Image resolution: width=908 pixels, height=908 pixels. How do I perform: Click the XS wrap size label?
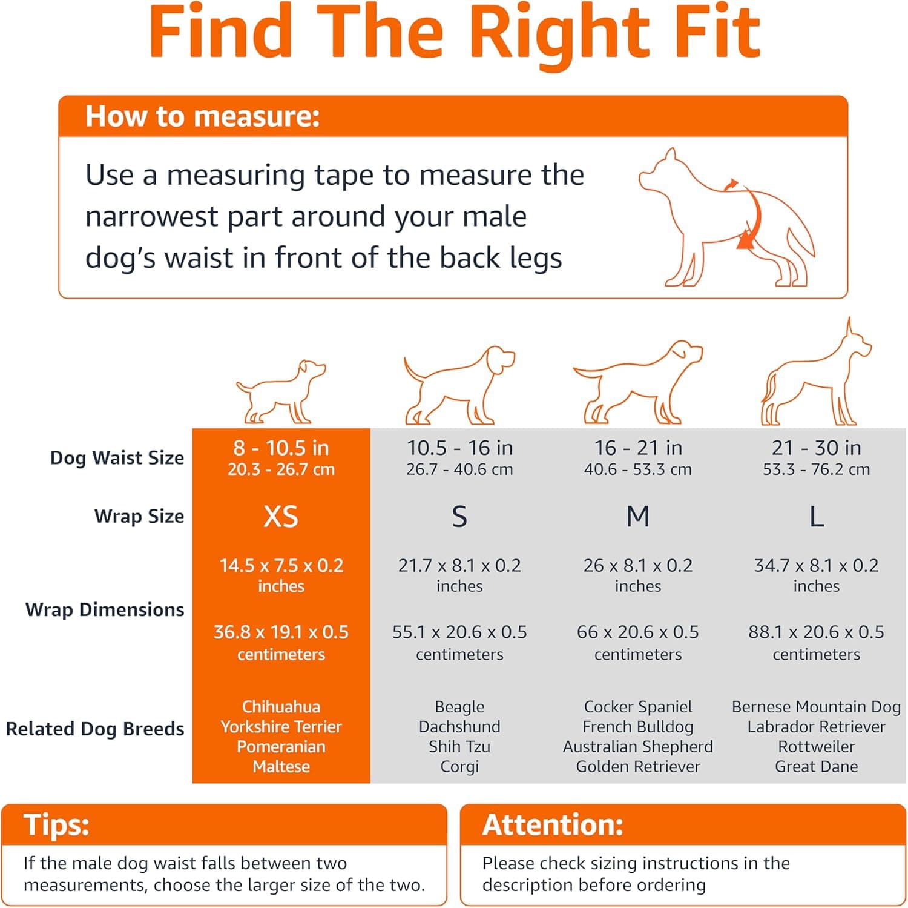(281, 517)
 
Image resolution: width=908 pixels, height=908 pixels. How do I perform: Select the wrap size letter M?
(637, 517)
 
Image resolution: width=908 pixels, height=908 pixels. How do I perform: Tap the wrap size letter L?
(816, 517)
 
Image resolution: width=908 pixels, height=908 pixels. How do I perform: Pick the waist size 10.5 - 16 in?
(459, 448)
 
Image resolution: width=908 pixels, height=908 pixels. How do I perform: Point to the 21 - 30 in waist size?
(816, 448)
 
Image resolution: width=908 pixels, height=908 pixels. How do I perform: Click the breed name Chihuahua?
(281, 707)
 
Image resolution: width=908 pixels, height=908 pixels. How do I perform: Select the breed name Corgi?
(459, 767)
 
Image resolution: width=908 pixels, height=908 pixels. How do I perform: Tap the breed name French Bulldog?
(637, 727)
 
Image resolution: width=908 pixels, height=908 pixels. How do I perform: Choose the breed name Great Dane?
(816, 767)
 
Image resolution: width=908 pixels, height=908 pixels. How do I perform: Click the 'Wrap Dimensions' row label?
(105, 609)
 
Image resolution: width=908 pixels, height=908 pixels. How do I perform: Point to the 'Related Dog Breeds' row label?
(95, 729)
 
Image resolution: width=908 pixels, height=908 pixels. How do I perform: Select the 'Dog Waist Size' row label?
(117, 458)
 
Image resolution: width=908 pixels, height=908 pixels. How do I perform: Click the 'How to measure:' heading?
(202, 116)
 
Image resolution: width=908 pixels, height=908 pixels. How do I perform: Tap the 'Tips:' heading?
(56, 825)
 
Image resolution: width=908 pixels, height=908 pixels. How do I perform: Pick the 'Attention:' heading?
(553, 825)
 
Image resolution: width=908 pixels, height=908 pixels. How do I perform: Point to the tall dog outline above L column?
(816, 379)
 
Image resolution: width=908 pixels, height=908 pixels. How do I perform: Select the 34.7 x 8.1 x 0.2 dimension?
(816, 566)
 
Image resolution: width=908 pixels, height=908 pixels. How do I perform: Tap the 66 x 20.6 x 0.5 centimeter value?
(637, 632)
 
